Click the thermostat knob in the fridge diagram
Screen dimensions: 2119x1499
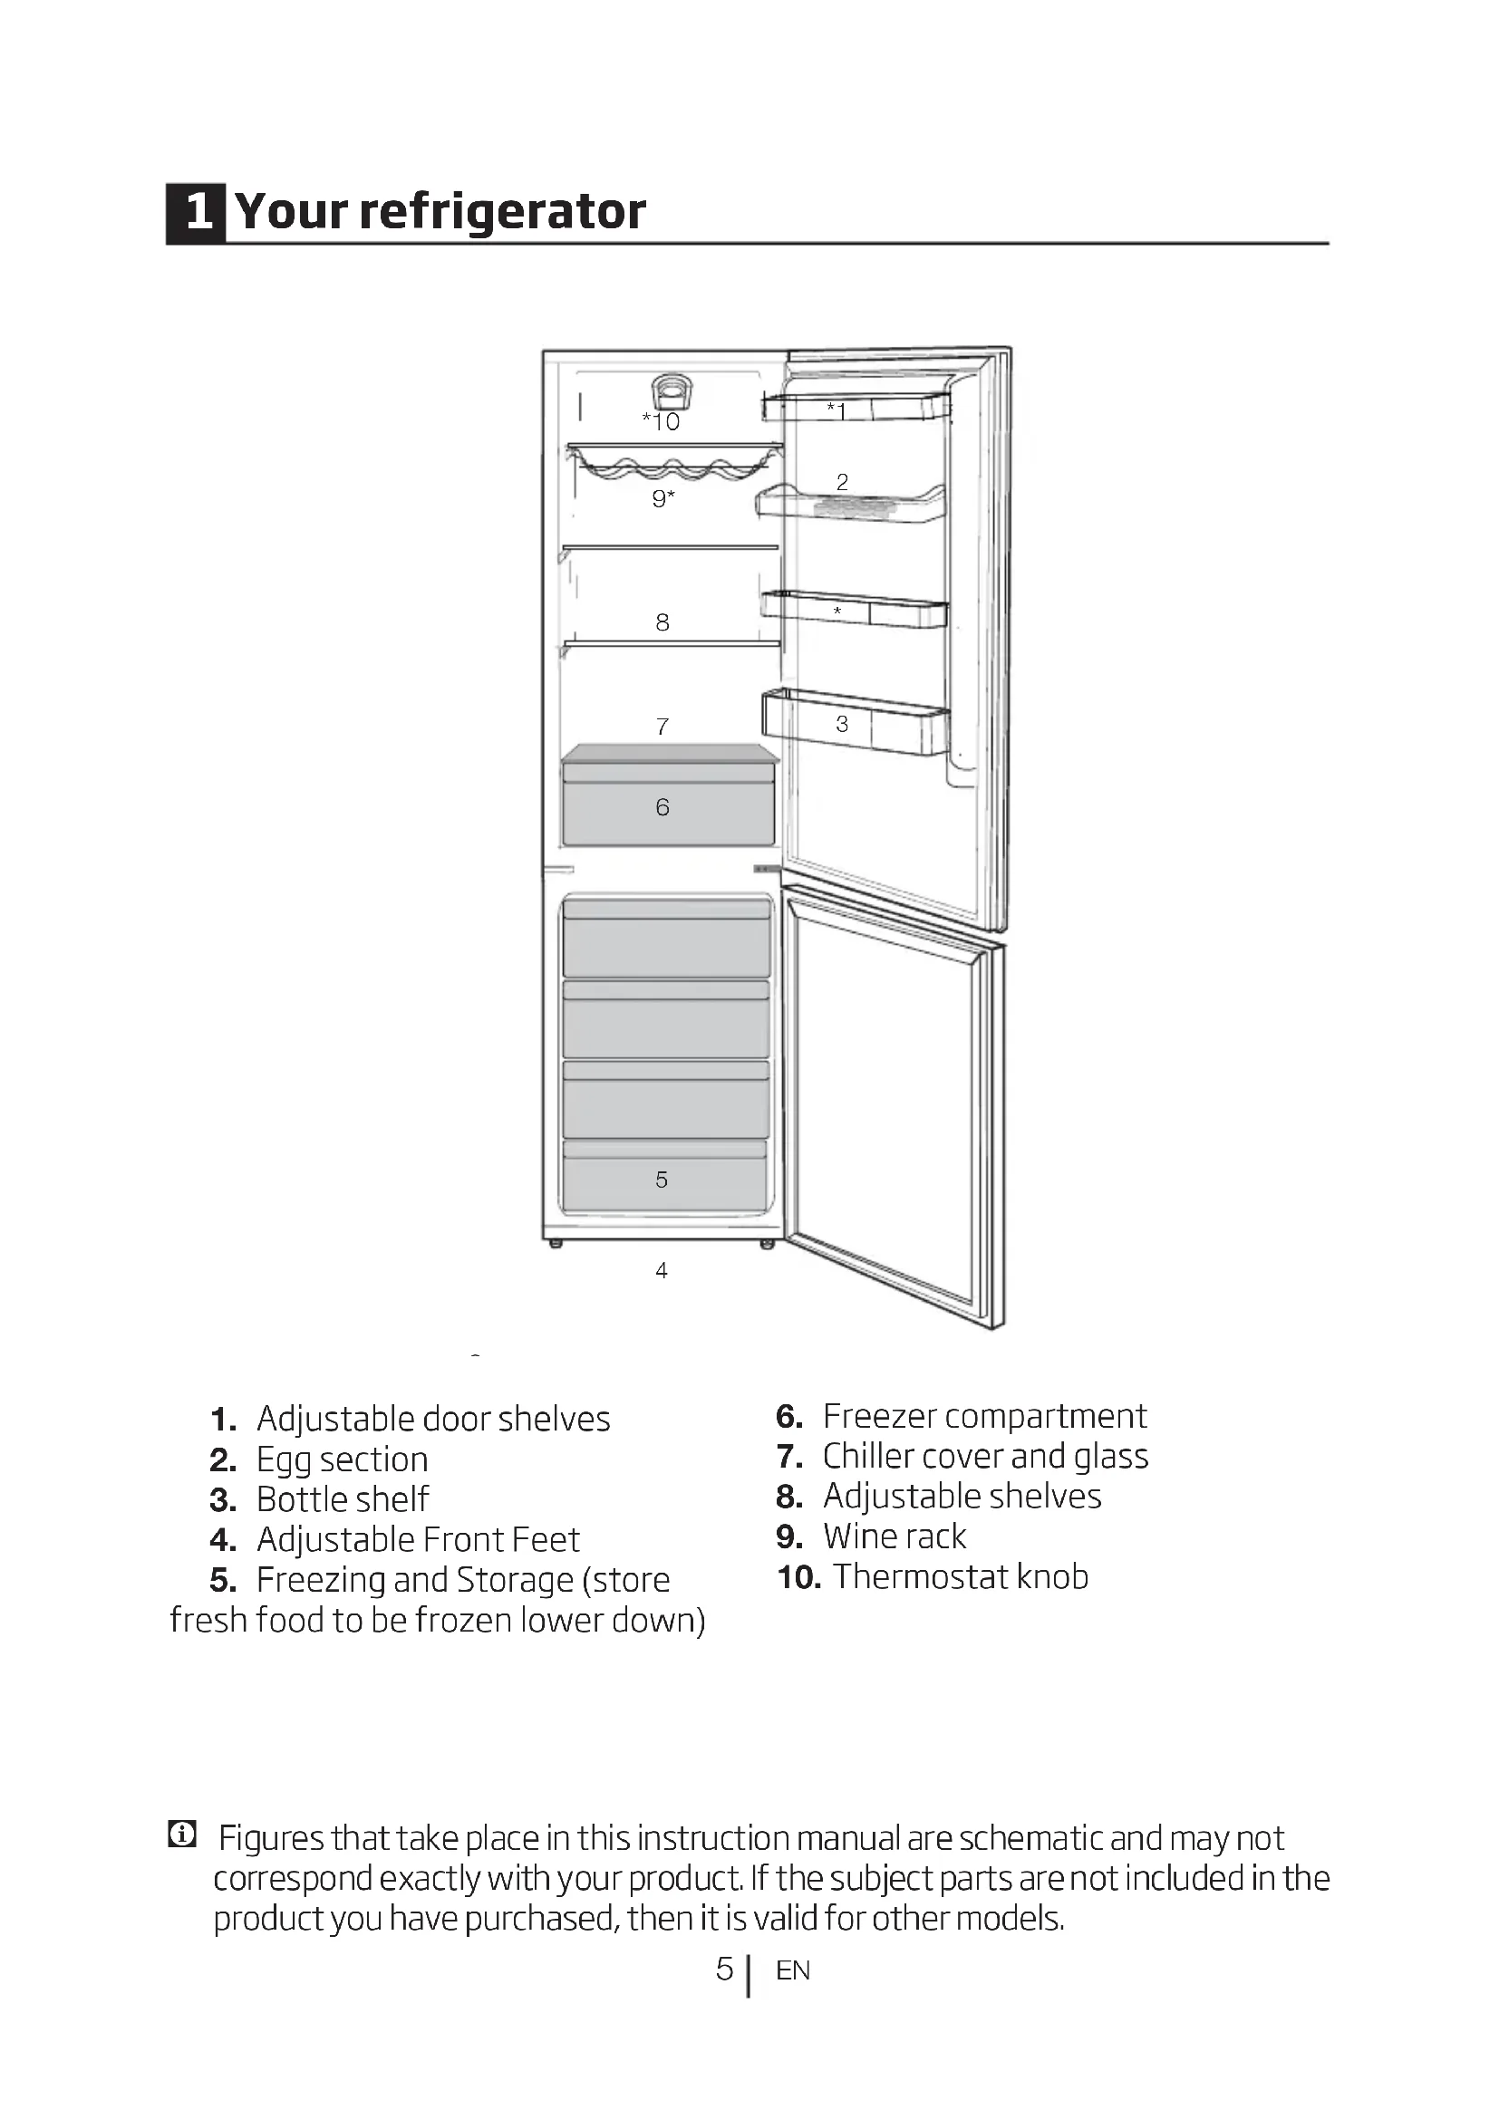[671, 391]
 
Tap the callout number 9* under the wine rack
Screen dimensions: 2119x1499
[662, 499]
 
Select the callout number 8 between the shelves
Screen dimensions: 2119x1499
[662, 623]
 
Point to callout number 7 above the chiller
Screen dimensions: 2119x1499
[662, 727]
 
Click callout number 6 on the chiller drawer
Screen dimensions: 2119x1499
[662, 807]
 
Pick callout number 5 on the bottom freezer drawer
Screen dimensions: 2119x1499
[661, 1180]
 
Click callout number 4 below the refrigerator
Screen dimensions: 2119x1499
[661, 1271]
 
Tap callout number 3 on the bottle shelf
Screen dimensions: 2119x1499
[842, 725]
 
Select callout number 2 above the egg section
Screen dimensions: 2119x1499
[842, 482]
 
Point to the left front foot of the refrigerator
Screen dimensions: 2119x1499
[556, 1244]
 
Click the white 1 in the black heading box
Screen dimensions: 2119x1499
[198, 212]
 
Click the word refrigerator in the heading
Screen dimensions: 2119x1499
[502, 212]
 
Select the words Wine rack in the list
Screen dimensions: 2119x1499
[894, 1536]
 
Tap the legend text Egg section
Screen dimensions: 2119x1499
[342, 1460]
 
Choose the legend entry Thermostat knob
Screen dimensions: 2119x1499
[960, 1577]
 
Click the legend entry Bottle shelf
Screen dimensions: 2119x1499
[342, 1499]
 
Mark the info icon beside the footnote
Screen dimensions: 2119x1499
[182, 1835]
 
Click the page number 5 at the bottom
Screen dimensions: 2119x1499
[725, 1970]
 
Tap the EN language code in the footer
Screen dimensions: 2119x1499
[793, 1971]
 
